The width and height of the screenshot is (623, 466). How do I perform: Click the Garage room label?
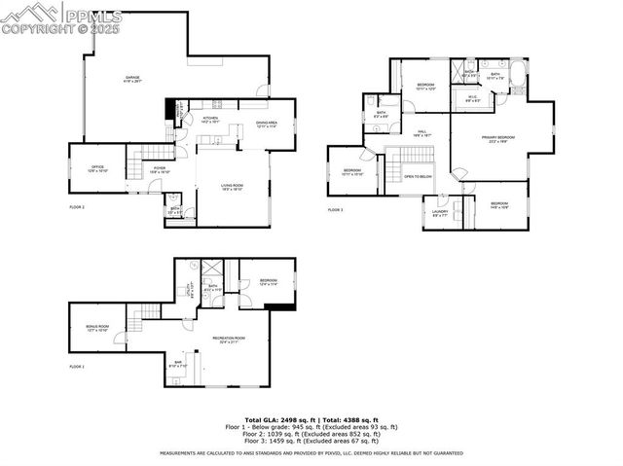pos(132,78)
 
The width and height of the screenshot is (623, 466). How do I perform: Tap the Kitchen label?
pos(210,120)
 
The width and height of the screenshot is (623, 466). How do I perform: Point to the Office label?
pos(97,169)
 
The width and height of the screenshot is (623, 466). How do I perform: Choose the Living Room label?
pos(232,188)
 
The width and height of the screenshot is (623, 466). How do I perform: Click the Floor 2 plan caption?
pos(77,207)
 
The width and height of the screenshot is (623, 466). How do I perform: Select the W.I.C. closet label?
pos(472,97)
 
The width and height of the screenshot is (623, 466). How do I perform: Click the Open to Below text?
pos(418,177)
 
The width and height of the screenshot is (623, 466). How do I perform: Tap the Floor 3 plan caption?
pos(336,210)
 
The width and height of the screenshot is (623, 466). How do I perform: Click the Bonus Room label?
pos(97,328)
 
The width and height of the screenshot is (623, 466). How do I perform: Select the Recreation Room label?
pos(229,339)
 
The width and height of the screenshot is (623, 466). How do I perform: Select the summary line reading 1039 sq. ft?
pos(311,434)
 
